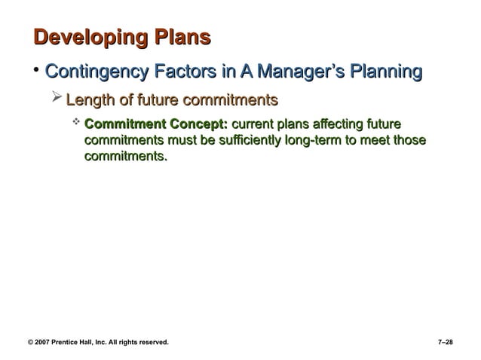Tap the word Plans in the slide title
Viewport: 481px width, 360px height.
tap(182, 38)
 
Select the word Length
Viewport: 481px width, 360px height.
tap(91, 99)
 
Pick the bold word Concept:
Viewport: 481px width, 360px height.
tap(198, 124)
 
